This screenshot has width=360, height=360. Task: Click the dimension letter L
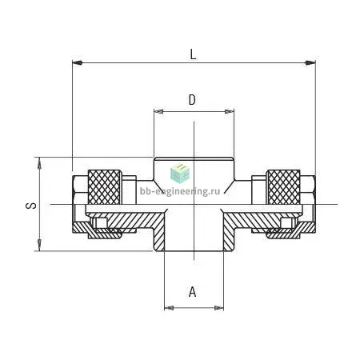coord(193,54)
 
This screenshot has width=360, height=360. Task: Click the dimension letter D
coord(192,100)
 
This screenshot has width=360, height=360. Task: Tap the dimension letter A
coord(192,292)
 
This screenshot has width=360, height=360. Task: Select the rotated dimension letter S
coord(31,206)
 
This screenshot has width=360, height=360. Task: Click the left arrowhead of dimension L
coord(77,62)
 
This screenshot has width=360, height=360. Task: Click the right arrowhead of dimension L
coord(310,63)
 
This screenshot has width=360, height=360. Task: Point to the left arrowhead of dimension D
coord(158,111)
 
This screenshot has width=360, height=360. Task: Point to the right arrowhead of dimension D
coord(230,111)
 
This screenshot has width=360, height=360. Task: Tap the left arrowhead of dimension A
coord(169,308)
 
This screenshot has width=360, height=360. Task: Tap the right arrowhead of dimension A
coord(219,308)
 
